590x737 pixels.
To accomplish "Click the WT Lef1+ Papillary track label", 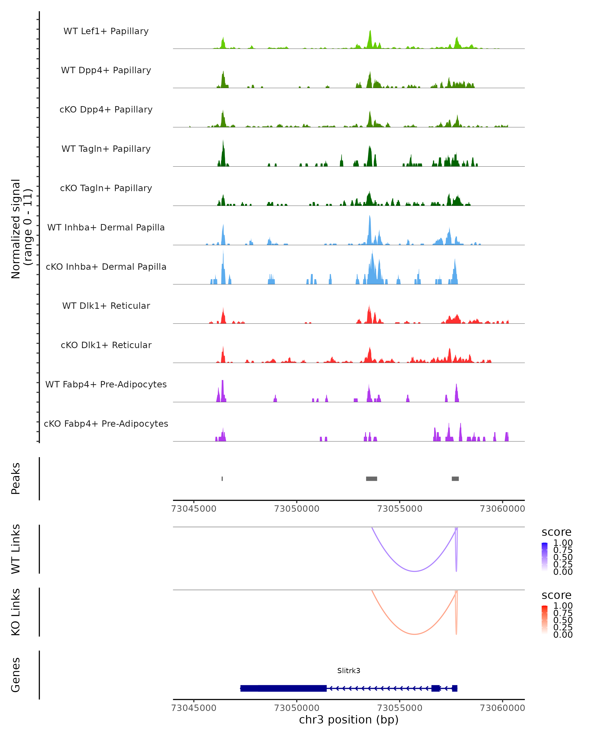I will pyautogui.click(x=106, y=31).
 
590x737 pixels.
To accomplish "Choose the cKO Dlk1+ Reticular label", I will pyautogui.click(x=106, y=345).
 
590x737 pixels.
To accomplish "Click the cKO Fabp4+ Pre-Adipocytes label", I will pyautogui.click(x=106, y=424).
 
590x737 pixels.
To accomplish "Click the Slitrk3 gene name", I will pyautogui.click(x=349, y=670).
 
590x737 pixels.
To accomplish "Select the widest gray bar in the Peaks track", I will pyautogui.click(x=371, y=479).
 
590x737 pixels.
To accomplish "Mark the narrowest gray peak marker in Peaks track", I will pyautogui.click(x=222, y=479).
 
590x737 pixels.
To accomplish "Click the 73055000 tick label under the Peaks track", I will pyautogui.click(x=399, y=509).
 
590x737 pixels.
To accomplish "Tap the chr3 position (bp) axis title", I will pyautogui.click(x=349, y=720).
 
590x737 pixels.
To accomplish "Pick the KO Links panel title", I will pyautogui.click(x=16, y=612).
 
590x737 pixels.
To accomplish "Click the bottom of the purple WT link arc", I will pyautogui.click(x=414, y=571).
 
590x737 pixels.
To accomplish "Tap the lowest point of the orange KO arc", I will pyautogui.click(x=414, y=634).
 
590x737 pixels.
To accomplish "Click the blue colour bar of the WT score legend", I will pyautogui.click(x=545, y=557).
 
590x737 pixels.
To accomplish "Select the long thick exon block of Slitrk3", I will pyautogui.click(x=283, y=688).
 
